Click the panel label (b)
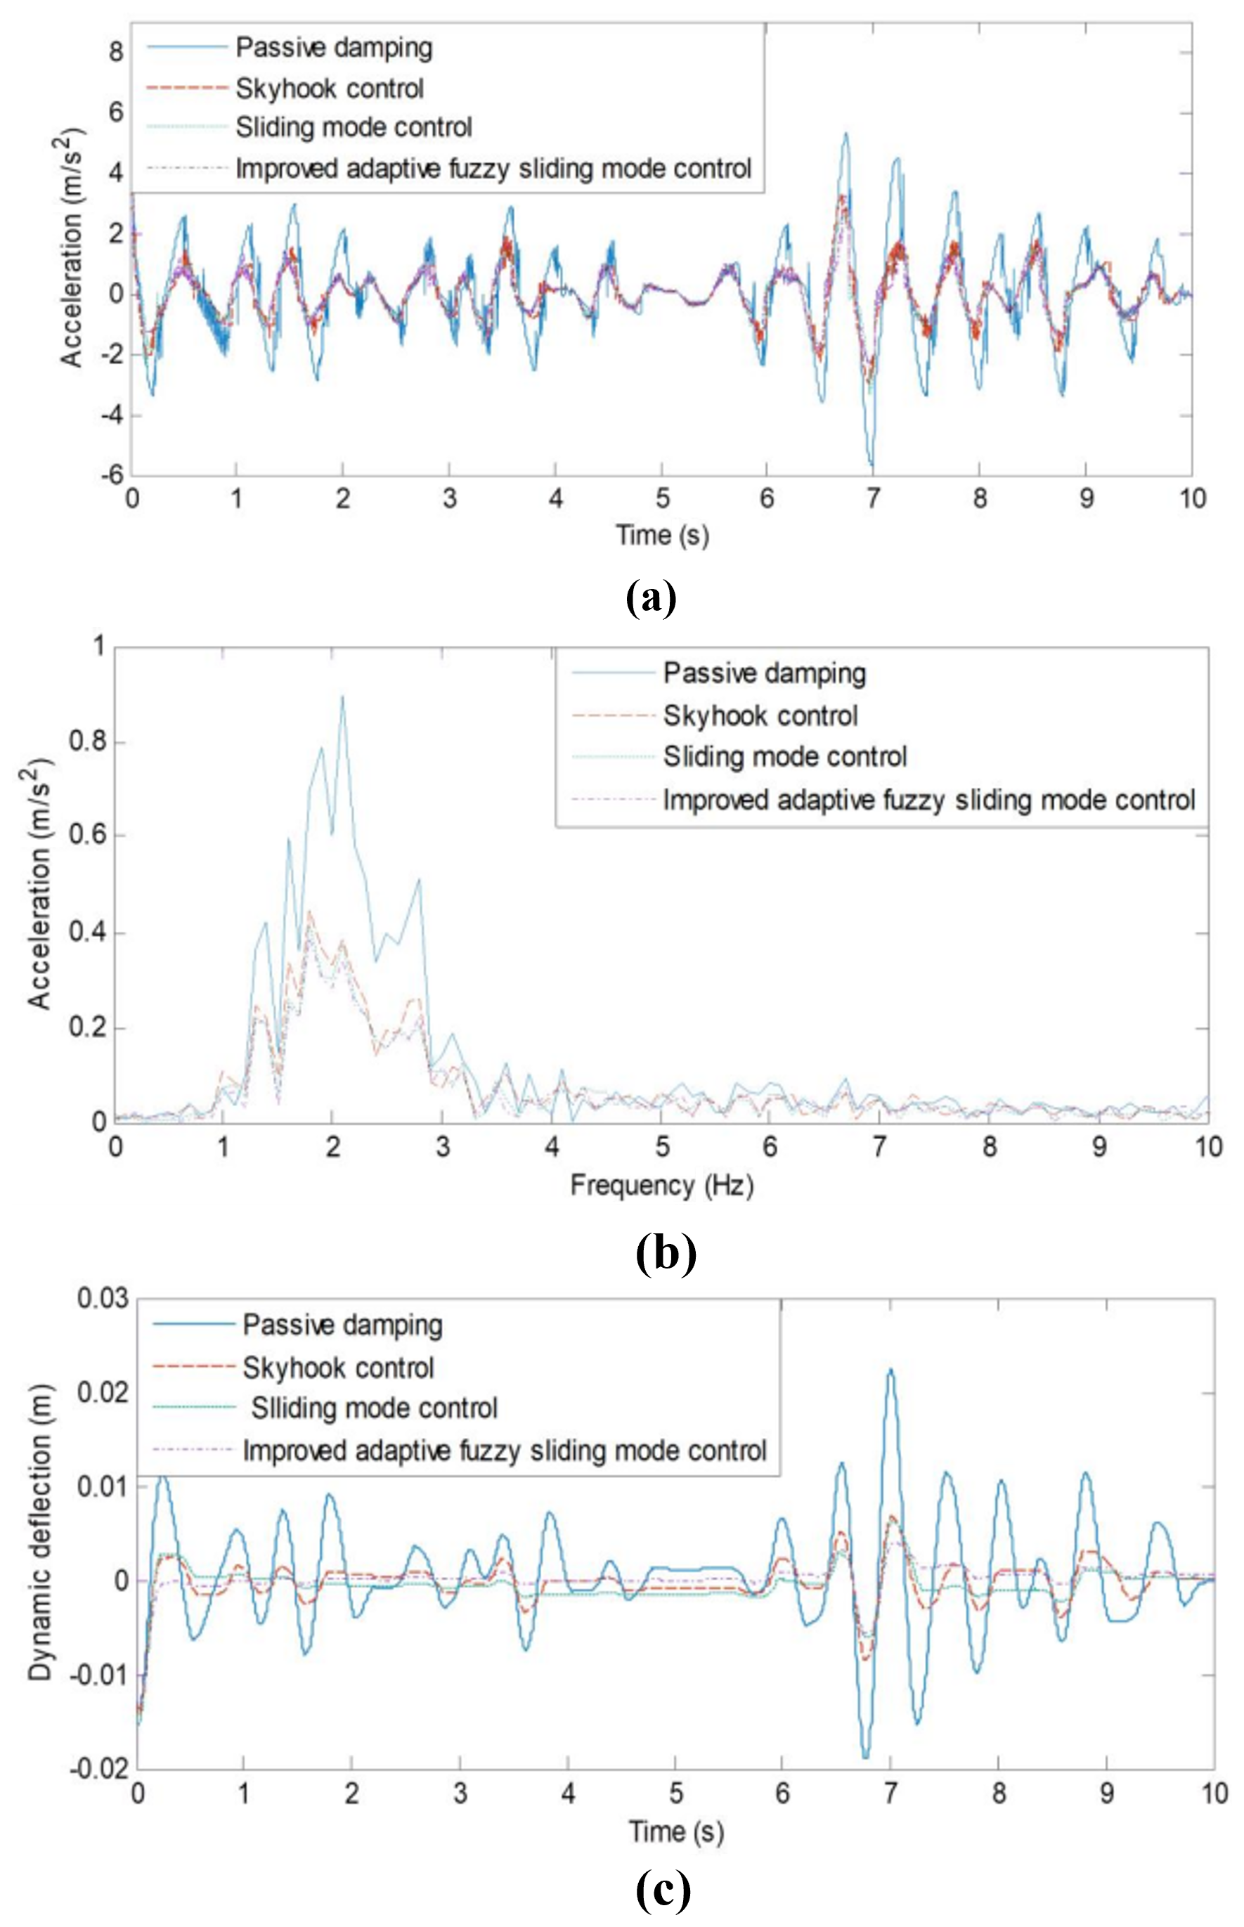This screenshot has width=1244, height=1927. [666, 1254]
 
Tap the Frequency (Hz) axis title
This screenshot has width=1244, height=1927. [661, 1186]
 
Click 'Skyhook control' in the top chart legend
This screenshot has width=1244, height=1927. [330, 88]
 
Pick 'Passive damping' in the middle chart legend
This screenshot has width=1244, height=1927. [764, 673]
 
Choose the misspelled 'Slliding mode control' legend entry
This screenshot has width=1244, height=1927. [374, 1408]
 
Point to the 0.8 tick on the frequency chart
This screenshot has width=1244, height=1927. [87, 741]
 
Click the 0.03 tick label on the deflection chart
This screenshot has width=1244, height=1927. [103, 1299]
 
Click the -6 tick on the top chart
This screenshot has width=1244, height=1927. [112, 475]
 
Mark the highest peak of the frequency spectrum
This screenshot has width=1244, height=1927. [342, 697]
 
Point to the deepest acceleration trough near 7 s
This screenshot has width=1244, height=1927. [872, 465]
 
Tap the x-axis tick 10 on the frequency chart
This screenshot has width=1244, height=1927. [1208, 1147]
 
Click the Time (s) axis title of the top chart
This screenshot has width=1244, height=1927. [662, 535]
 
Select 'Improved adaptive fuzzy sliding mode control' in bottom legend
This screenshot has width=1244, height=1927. [504, 1451]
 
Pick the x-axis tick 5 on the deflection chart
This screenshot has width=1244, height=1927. [676, 1793]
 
